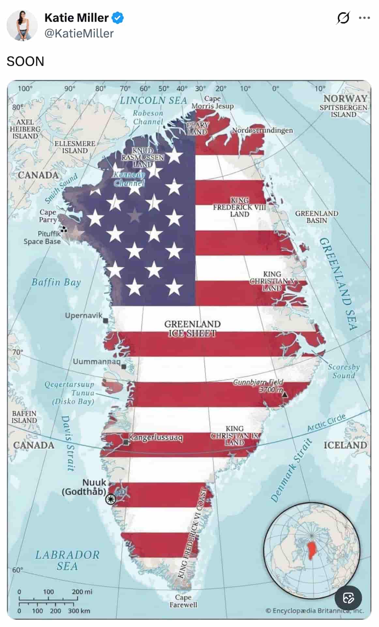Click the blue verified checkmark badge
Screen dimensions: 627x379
coord(118,18)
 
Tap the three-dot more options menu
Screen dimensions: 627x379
coord(364,18)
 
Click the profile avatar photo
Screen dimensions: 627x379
coord(22,25)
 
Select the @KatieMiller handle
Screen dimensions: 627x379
coord(79,33)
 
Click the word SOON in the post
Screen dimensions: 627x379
coord(25,61)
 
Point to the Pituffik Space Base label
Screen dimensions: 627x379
coord(42,237)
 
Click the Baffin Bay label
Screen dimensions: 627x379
coord(56,282)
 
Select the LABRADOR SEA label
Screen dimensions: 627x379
coord(67,560)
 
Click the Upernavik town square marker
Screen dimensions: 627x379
coord(106,320)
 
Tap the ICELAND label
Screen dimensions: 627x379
coord(345,445)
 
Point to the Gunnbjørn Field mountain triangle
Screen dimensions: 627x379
coord(285,394)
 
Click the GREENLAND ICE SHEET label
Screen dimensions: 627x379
coord(192,328)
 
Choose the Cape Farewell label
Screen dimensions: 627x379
coord(183,601)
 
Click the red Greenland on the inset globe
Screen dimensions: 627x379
coord(312,549)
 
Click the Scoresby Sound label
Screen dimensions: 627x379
coord(344,371)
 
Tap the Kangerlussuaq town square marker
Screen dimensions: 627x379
coord(126,442)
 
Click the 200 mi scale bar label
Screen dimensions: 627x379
coord(82,591)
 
